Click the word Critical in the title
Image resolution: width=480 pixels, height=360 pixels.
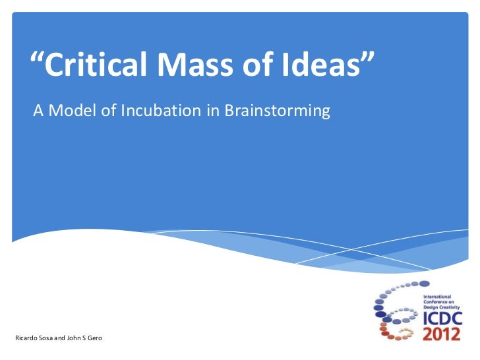pos(100,66)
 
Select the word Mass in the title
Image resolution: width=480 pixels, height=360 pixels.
pos(195,66)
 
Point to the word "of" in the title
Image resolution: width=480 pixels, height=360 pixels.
pos(257,66)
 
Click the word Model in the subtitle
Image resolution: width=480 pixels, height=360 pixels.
pos(73,111)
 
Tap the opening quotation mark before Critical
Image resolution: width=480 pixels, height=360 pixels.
pos(38,61)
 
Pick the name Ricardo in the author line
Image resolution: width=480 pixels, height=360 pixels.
pos(25,339)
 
